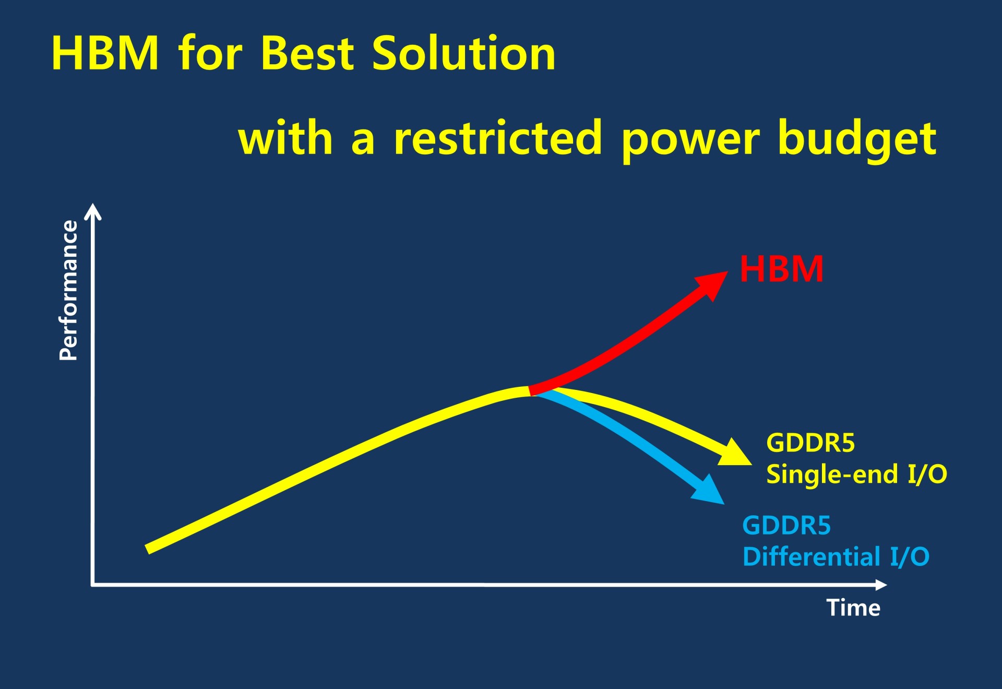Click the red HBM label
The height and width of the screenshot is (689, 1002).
coord(782,269)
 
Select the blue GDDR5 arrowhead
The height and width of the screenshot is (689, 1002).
coord(709,490)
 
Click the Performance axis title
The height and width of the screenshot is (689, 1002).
coord(68,290)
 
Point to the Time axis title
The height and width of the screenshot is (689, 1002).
coord(853,608)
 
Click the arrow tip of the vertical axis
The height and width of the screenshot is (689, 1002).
coord(93,204)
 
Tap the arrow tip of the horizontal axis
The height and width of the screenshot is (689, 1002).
coord(887,585)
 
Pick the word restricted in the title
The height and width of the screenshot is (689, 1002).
coord(498,137)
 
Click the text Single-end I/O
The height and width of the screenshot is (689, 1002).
coord(856,474)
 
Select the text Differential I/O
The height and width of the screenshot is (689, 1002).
coord(836,556)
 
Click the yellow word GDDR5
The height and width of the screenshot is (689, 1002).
coord(810,443)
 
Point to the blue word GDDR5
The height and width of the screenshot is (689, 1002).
coord(786,526)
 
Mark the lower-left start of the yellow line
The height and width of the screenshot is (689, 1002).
coord(147,549)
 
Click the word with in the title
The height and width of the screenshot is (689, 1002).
coord(285,137)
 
